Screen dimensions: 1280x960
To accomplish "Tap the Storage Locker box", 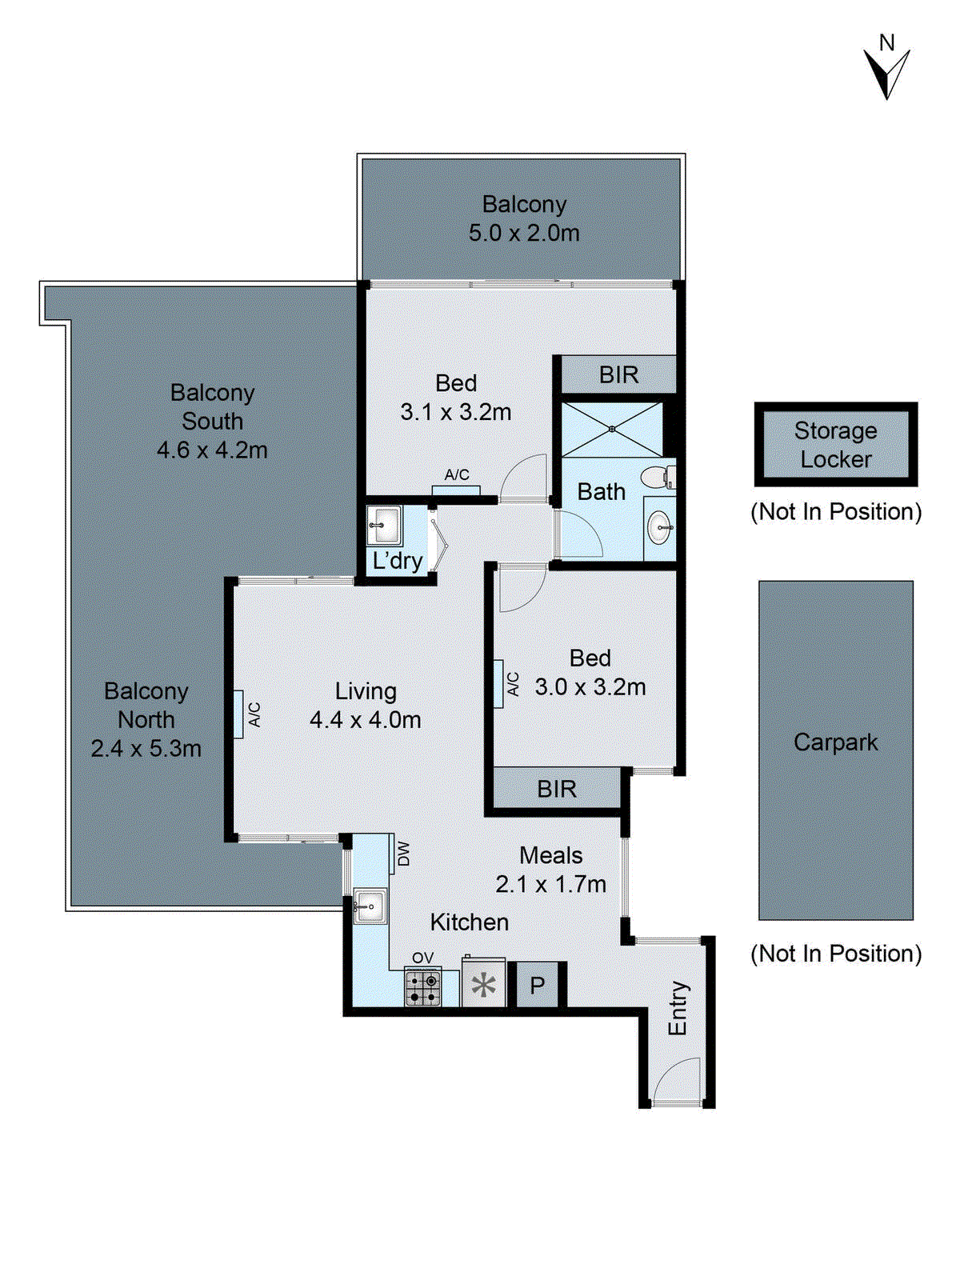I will [835, 445].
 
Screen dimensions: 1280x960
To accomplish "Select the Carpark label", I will [835, 742].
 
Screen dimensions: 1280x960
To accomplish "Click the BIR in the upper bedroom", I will [618, 374].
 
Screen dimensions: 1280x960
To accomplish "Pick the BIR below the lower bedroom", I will [556, 789].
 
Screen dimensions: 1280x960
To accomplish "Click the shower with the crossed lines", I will [612, 430].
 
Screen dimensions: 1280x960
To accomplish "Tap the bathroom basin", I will [660, 526].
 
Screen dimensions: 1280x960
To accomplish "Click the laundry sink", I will [384, 525].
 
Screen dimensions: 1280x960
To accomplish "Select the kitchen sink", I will [369, 906].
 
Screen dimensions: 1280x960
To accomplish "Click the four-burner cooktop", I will [422, 987].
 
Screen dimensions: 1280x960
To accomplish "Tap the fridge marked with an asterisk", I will [483, 985].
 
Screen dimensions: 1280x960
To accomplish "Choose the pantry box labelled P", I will [537, 985].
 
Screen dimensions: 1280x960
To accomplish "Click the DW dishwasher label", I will [403, 854].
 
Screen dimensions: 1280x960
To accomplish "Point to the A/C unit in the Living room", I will [238, 714].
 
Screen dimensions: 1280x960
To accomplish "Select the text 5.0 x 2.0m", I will [524, 234].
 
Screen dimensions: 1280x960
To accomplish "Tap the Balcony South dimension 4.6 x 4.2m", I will [212, 450].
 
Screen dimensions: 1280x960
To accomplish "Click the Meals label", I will [550, 855].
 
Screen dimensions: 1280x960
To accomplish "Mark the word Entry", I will [678, 1009].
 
